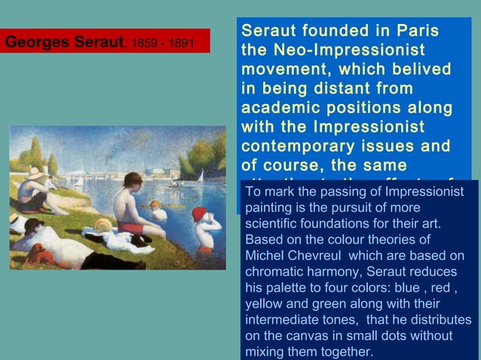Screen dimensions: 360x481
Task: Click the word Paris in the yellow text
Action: click(415, 31)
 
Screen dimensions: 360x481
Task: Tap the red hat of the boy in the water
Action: click(199, 214)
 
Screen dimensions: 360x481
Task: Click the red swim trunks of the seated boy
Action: click(130, 227)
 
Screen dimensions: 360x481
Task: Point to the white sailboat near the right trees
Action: click(201, 176)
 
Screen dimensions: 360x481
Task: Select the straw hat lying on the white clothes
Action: click(103, 224)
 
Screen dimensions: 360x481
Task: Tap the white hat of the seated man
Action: click(35, 174)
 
